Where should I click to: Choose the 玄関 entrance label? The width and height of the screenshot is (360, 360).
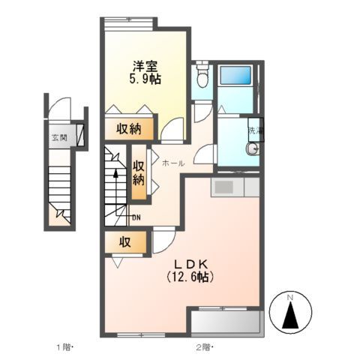point(58,137)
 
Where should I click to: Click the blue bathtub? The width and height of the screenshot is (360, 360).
point(236,76)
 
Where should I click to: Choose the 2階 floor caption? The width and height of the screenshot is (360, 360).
point(204,348)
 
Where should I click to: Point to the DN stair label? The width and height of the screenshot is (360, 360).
point(136,218)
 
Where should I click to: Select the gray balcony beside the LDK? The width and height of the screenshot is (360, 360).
point(228,321)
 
